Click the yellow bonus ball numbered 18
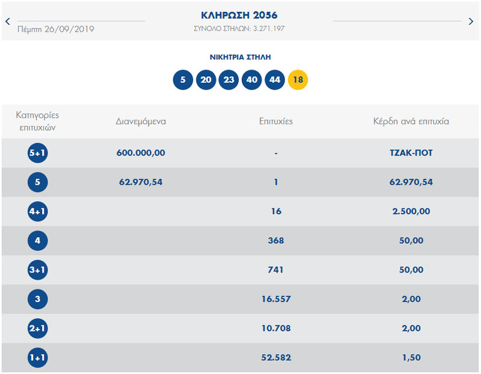pyautogui.click(x=298, y=80)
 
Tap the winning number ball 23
pyautogui.click(x=228, y=80)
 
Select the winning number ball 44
pyautogui.click(x=275, y=80)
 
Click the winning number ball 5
pyautogui.click(x=183, y=80)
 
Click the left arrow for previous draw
pyautogui.click(x=8, y=21)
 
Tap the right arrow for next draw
pyautogui.click(x=471, y=21)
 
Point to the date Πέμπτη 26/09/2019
pyautogui.click(x=56, y=29)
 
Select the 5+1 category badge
pyautogui.click(x=37, y=153)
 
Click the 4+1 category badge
pyautogui.click(x=37, y=211)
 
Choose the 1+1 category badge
pyautogui.click(x=37, y=358)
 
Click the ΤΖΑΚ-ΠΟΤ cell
pyautogui.click(x=411, y=153)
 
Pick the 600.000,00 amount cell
pyautogui.click(x=141, y=153)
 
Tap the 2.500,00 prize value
pyautogui.click(x=411, y=211)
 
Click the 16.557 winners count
pyautogui.click(x=275, y=299)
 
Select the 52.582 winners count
pyautogui.click(x=275, y=358)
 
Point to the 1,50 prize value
pyautogui.click(x=411, y=358)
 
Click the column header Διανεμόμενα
pyautogui.click(x=141, y=121)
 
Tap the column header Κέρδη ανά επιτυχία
pyautogui.click(x=411, y=121)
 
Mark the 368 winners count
pyautogui.click(x=275, y=241)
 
